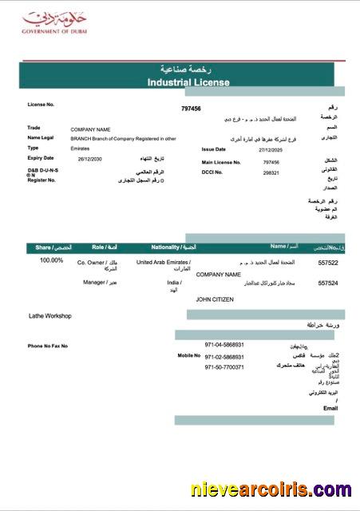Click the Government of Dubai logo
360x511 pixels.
(47, 22)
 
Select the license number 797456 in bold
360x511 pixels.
(192, 109)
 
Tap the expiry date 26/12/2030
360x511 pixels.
(91, 159)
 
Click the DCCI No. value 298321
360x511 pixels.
(271, 172)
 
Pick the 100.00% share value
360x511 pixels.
(51, 260)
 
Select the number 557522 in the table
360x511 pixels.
(328, 263)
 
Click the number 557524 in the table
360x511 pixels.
(328, 283)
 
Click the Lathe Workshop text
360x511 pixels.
(50, 316)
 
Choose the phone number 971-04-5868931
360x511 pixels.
(224, 345)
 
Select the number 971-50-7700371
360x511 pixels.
(224, 367)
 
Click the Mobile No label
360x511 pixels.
(189, 355)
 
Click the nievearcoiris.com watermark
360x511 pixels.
(271, 489)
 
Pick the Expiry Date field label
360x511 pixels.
(41, 158)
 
